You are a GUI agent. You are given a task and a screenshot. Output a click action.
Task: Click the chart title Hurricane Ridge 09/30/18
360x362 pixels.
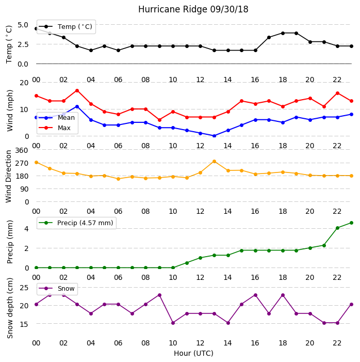(x=193, y=9)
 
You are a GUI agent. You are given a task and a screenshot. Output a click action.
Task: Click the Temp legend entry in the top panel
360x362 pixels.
(x=66, y=27)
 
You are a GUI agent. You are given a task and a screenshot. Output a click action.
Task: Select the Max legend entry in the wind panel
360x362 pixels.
(x=55, y=128)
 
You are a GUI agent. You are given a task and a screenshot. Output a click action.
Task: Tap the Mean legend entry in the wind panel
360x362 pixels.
(x=57, y=118)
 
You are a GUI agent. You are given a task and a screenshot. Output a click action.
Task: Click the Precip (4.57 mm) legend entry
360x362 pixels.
(x=76, y=223)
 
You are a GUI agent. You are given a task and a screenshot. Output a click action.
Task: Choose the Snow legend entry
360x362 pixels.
(x=57, y=289)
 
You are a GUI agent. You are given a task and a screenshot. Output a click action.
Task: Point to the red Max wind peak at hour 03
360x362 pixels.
(x=77, y=91)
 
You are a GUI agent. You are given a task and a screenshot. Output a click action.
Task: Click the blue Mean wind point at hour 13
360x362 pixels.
(x=214, y=136)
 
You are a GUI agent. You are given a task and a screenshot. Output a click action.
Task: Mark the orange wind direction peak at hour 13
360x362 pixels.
(x=214, y=161)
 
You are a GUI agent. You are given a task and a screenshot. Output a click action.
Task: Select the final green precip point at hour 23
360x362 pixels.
(x=351, y=223)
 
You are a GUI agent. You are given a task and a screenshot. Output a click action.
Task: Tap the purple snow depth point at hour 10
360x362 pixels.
(x=173, y=323)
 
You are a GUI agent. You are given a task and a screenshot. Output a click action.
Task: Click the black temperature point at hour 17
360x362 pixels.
(x=269, y=37)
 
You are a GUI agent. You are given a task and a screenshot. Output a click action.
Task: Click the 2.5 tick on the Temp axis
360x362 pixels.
(x=23, y=44)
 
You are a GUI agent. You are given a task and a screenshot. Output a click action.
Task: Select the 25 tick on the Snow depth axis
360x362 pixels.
(x=24, y=288)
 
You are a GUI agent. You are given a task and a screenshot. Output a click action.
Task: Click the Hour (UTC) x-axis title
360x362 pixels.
(x=193, y=353)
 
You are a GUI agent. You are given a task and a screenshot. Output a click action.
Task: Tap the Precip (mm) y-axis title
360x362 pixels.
(x=10, y=242)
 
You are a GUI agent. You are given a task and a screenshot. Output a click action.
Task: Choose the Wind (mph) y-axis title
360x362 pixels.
(x=10, y=111)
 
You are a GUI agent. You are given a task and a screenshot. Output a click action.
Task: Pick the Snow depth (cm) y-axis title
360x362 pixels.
(x=10, y=308)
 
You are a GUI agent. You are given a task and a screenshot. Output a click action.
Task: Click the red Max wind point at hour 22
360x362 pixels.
(x=338, y=93)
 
